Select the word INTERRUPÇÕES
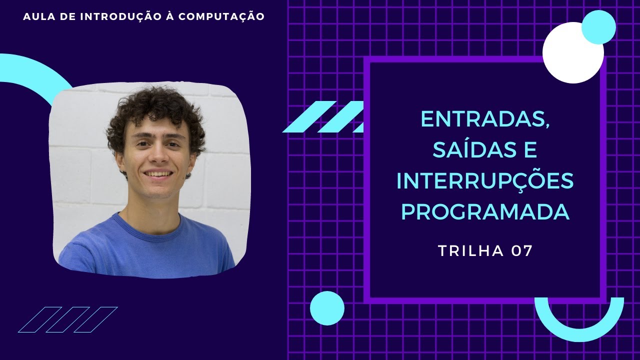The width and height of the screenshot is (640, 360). pyautogui.click(x=485, y=181)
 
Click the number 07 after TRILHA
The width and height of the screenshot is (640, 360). pyautogui.click(x=522, y=251)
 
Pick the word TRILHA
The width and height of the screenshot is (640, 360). pyautogui.click(x=471, y=251)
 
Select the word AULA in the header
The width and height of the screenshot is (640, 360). pyautogui.click(x=36, y=16)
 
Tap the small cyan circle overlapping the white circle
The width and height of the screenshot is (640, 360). pyautogui.click(x=598, y=26)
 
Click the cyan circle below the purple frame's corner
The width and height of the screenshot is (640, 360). pyautogui.click(x=327, y=308)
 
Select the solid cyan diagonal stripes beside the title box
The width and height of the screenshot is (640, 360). pyautogui.click(x=322, y=116)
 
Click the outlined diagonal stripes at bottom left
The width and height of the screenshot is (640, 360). pyautogui.click(x=67, y=319)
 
